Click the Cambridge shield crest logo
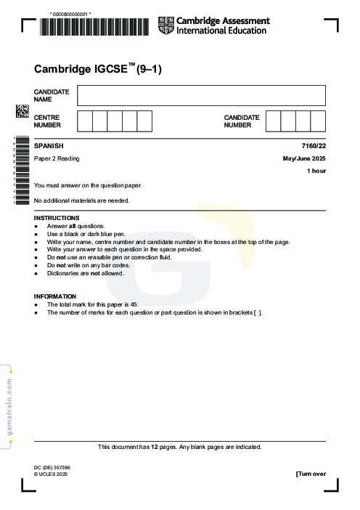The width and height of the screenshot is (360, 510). point(166,25)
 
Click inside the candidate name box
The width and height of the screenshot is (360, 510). point(201,95)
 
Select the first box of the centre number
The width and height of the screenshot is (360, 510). point(84,121)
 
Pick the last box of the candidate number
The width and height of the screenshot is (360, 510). point(318,121)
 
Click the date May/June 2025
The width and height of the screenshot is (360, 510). point(304,158)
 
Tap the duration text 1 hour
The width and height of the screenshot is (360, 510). point(316,171)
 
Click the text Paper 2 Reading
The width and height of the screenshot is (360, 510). point(57,158)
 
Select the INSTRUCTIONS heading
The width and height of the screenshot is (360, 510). point(57,218)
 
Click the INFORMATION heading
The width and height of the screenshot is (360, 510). point(55,296)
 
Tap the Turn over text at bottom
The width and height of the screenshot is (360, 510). point(311,474)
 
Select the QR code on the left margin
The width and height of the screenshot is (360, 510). point(22,110)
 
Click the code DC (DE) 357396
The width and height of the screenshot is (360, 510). point(52,467)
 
